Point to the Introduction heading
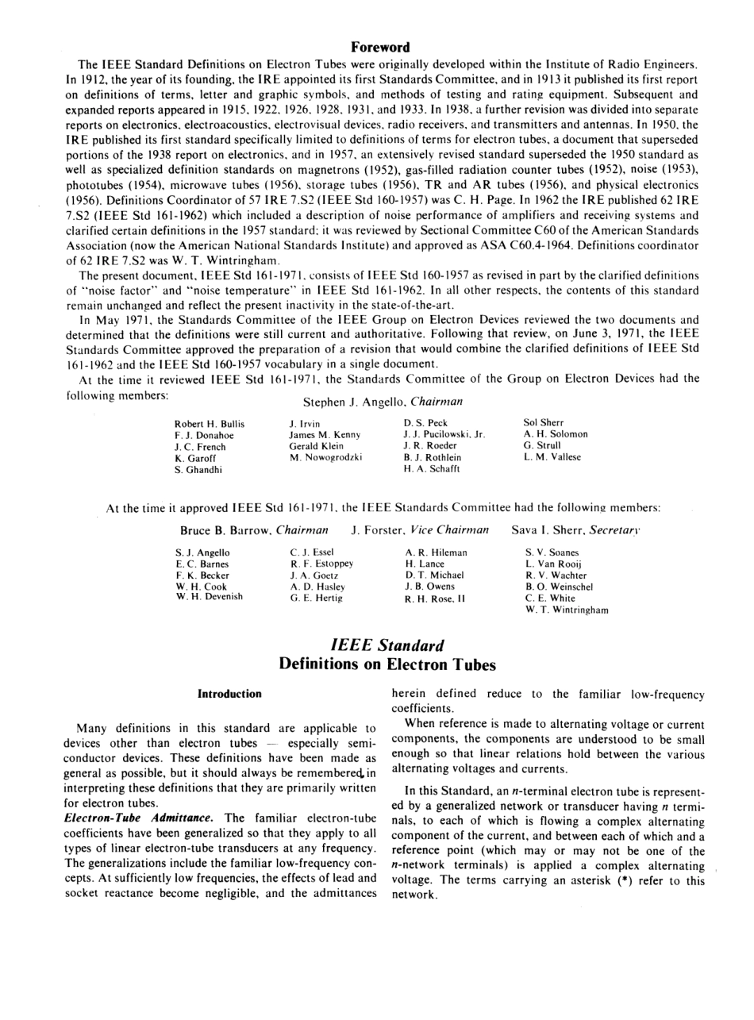pyautogui.click(x=229, y=694)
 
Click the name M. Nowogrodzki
pyautogui.click(x=326, y=457)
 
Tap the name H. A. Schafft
pyautogui.click(x=431, y=468)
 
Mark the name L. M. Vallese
pyautogui.click(x=552, y=457)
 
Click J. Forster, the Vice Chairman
pyautogui.click(x=378, y=529)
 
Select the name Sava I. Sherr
pyautogui.click(x=549, y=529)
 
